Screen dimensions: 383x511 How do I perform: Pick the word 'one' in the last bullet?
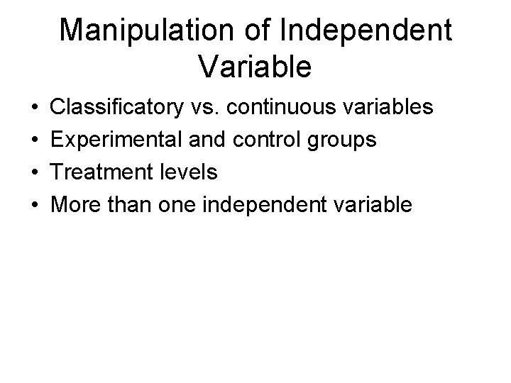coord(178,206)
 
